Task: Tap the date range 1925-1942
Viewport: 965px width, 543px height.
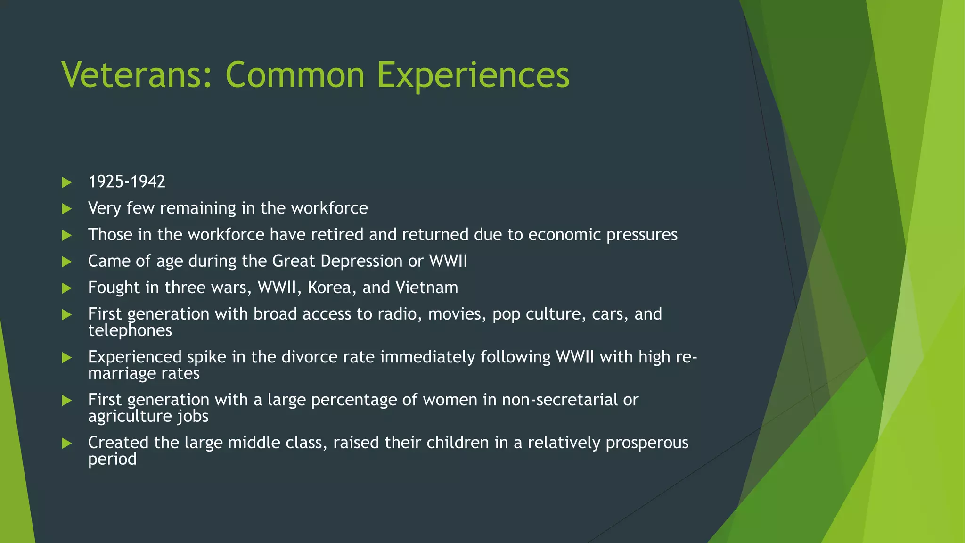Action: point(127,182)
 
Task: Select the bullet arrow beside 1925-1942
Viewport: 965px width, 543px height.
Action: point(66,182)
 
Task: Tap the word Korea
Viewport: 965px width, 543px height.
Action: point(332,288)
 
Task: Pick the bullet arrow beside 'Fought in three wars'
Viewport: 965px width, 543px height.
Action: point(66,288)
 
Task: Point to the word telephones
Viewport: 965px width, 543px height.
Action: point(130,330)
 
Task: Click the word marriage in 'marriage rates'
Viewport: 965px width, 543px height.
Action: point(122,374)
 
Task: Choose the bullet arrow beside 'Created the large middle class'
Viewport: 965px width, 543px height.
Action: point(66,443)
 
